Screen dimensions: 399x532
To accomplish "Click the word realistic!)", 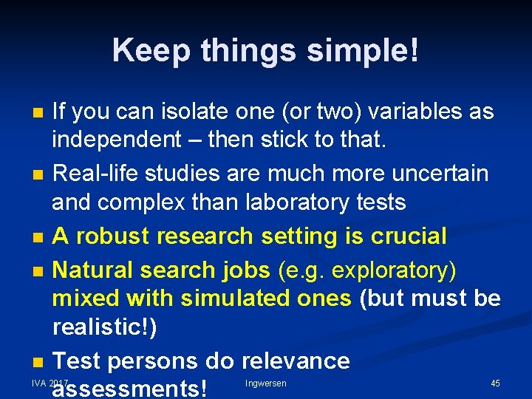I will point(104,327).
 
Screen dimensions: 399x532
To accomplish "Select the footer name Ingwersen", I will point(266,383).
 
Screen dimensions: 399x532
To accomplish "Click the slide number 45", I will point(495,383).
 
